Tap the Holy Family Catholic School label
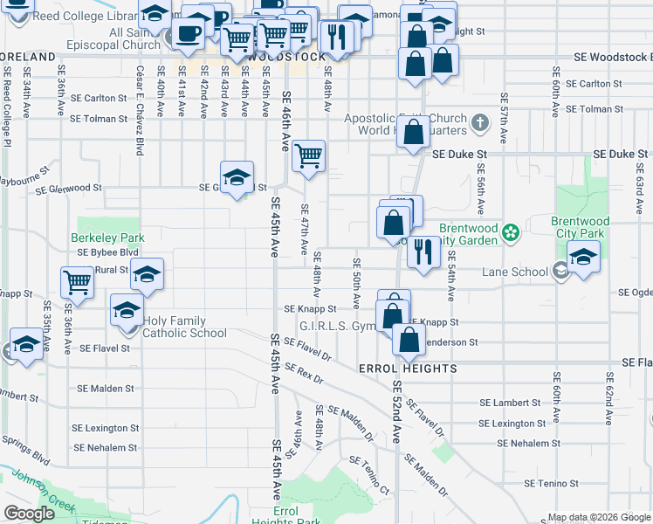(x=185, y=327)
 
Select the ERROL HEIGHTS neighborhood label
(x=408, y=369)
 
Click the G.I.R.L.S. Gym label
(x=337, y=326)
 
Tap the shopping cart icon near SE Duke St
(x=308, y=156)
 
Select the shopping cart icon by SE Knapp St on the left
(x=77, y=282)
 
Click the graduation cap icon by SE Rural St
(x=147, y=273)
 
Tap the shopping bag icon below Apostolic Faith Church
(x=415, y=133)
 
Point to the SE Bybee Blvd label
(x=108, y=252)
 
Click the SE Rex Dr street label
(x=303, y=376)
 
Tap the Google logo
(x=29, y=514)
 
